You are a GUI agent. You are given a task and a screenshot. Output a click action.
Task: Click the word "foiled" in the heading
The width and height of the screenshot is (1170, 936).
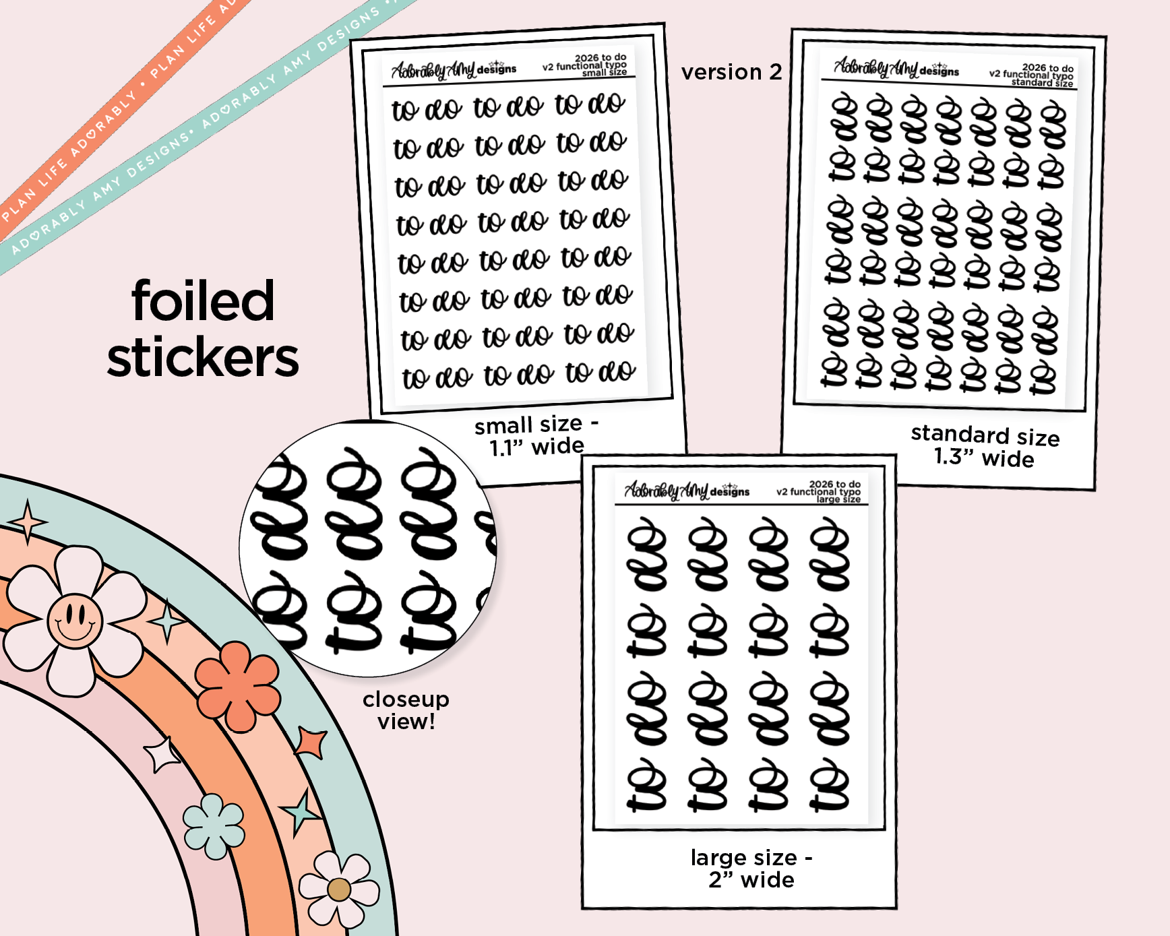coord(203,301)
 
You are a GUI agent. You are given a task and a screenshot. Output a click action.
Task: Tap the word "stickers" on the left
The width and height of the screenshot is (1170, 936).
coord(203,358)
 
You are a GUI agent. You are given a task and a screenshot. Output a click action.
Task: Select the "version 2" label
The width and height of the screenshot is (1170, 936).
coord(731,72)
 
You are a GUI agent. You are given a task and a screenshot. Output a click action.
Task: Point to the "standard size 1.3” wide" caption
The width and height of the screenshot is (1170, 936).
coord(985,447)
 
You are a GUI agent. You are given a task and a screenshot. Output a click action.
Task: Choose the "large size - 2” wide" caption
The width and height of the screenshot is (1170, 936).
coord(751,869)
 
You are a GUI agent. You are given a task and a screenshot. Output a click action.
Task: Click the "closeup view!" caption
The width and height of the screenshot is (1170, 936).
coord(406,710)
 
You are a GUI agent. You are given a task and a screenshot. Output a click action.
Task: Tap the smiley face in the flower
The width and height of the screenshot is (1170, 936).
coord(75,620)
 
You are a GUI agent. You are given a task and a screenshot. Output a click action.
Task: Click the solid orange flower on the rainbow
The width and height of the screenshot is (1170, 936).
coord(238,685)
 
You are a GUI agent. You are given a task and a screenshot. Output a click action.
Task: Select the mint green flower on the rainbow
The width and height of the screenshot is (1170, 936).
coord(214,826)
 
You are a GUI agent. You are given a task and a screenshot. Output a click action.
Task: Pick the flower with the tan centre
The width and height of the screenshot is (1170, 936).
coord(339,889)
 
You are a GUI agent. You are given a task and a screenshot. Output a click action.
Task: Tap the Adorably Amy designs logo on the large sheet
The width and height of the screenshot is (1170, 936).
coord(686,491)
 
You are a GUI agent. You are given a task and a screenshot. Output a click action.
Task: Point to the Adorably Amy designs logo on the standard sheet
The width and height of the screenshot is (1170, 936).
coord(896,68)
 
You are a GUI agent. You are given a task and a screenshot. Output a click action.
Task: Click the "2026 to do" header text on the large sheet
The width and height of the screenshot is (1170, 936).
coord(834,484)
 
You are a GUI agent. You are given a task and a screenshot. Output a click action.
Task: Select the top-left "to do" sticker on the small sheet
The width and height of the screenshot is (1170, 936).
coord(427,109)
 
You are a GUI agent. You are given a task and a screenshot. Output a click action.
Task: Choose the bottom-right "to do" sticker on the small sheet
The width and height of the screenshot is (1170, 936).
coord(600,371)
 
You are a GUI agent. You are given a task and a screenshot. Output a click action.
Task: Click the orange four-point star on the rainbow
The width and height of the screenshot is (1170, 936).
coord(312,742)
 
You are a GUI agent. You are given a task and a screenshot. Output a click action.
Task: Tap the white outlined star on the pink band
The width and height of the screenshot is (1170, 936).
coord(162,754)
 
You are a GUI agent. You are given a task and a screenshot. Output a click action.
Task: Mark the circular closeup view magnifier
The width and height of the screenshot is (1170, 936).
coord(368,549)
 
